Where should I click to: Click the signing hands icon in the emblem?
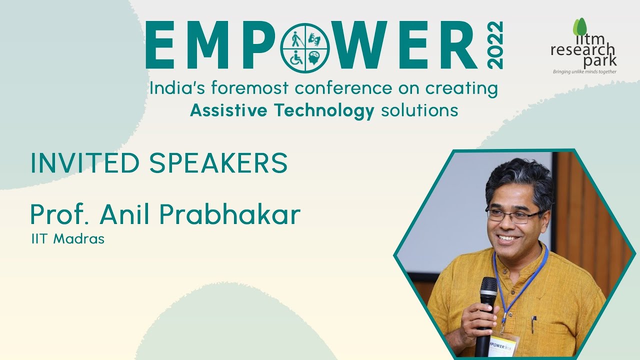click(x=315, y=38)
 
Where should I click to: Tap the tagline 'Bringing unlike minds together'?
click(x=584, y=71)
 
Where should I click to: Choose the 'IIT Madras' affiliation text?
click(x=67, y=239)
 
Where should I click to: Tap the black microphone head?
click(x=488, y=288)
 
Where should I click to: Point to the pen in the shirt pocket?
click(x=534, y=324)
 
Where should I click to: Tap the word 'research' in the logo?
click(x=583, y=49)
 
